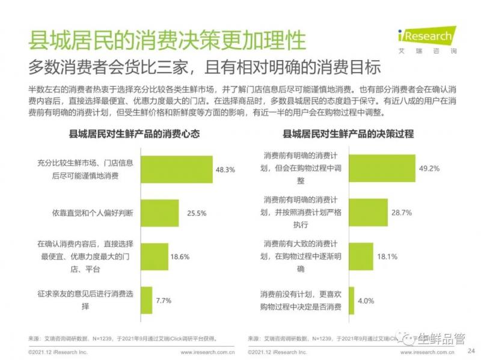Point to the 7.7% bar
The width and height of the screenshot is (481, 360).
pos(145,299)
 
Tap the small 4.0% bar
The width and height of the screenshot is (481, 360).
pos(353,299)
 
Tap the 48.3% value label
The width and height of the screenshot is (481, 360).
pos(225,169)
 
